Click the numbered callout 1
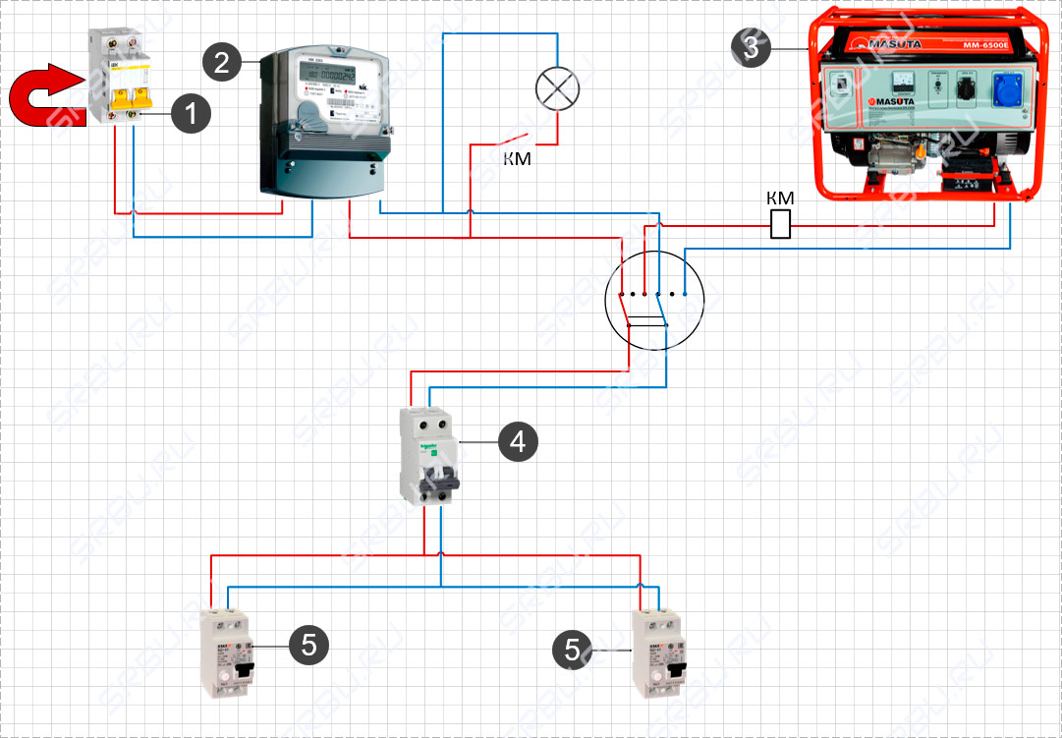coord(191,114)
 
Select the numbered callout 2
coord(221,63)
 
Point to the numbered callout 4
coord(518,442)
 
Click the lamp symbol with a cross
coord(557,90)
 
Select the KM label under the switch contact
coord(517,158)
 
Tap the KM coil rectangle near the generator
coord(781,224)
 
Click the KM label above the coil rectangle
coord(780,199)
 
